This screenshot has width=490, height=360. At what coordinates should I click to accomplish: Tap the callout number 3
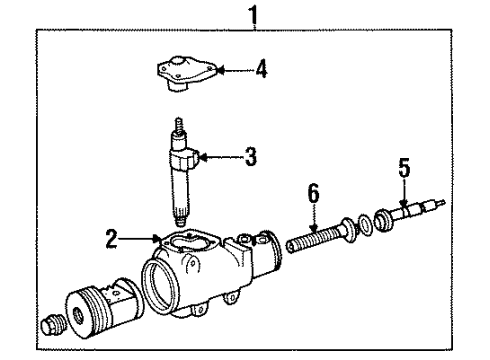click(251, 156)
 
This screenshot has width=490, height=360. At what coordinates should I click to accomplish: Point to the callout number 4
click(261, 71)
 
